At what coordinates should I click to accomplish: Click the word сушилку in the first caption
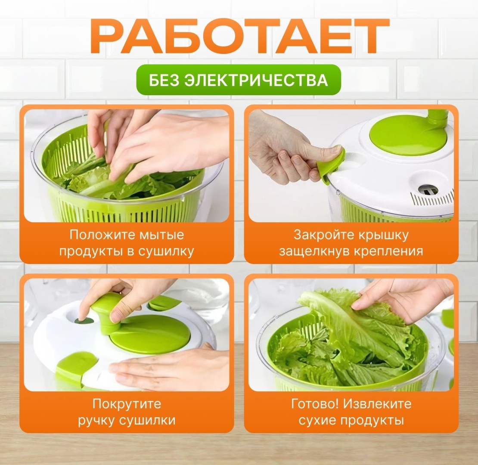[166, 252]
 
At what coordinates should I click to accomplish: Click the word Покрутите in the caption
[127, 404]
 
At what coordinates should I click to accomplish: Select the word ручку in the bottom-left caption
[96, 421]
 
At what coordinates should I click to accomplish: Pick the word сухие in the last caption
[317, 421]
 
